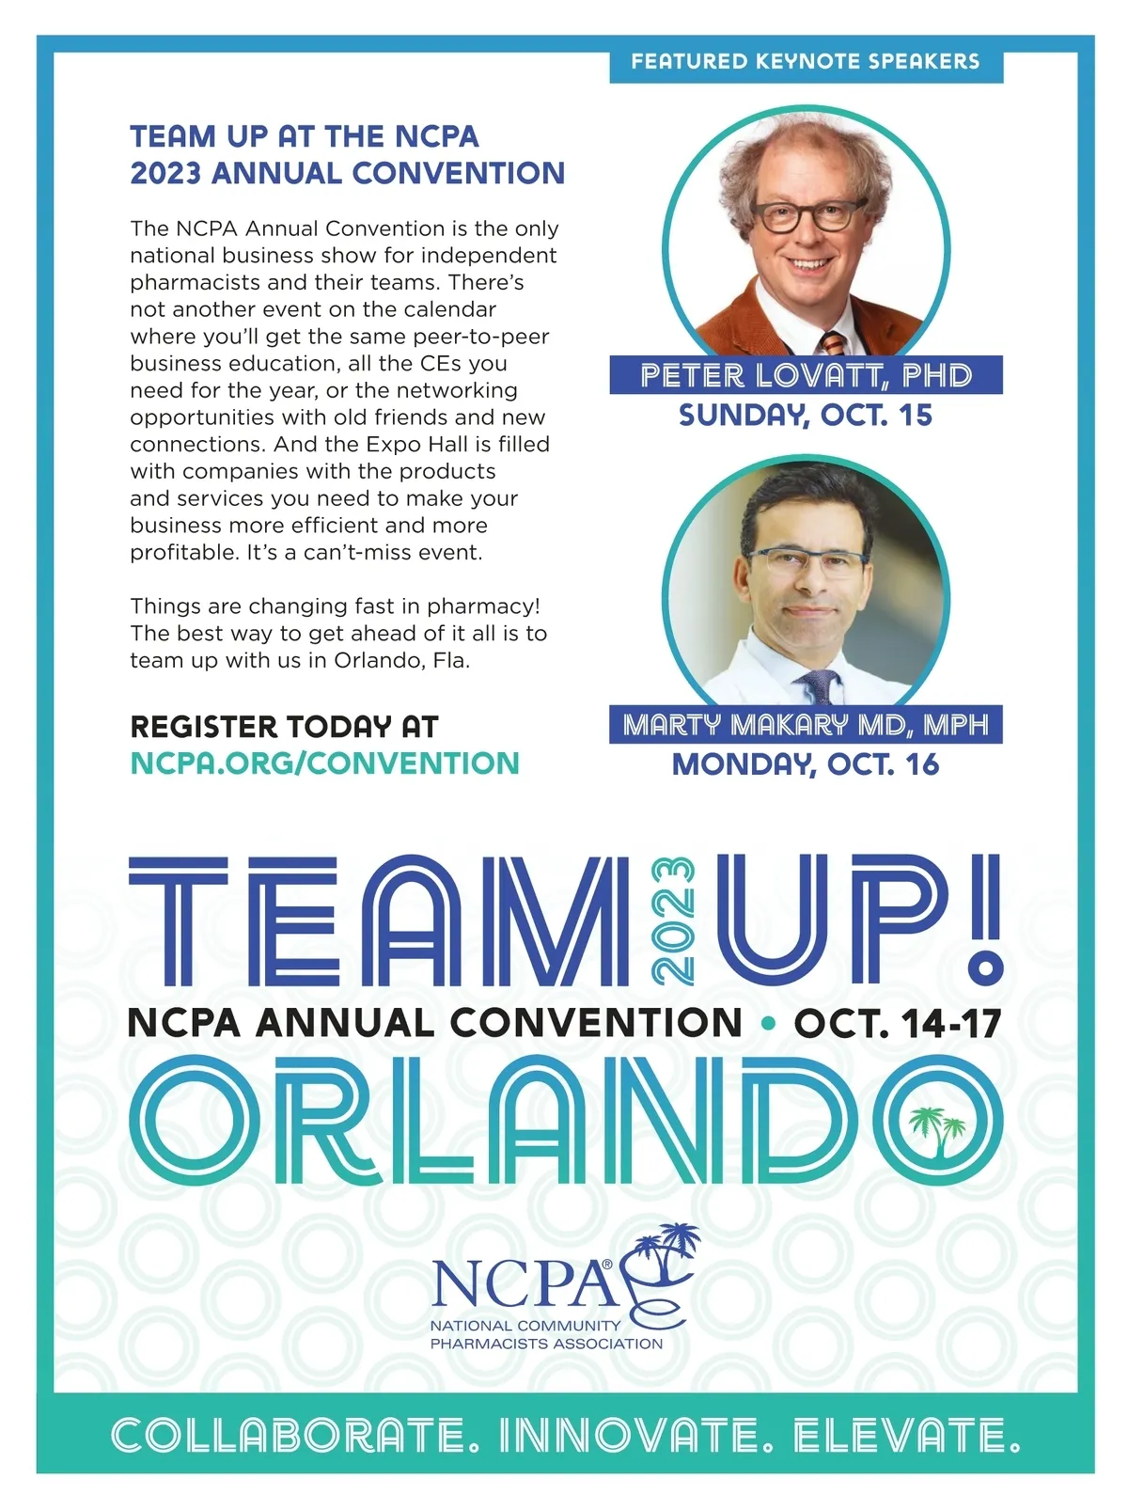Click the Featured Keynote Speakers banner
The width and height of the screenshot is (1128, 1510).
click(806, 62)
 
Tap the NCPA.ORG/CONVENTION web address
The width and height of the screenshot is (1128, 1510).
click(324, 763)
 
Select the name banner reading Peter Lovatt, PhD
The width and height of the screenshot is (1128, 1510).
click(806, 375)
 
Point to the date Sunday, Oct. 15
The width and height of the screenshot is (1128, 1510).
click(806, 415)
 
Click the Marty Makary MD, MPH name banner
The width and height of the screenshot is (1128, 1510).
click(806, 725)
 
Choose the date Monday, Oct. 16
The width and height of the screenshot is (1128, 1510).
click(806, 764)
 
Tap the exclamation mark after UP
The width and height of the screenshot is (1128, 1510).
click(983, 916)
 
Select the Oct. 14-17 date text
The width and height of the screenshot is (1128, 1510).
click(898, 1024)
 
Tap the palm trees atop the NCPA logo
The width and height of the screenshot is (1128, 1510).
click(664, 1243)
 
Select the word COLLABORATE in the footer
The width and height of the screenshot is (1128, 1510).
click(290, 1437)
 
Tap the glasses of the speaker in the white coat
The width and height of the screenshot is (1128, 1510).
click(806, 563)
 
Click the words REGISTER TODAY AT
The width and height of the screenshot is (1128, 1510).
click(284, 727)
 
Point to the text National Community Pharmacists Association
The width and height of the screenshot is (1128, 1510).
click(545, 1334)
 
